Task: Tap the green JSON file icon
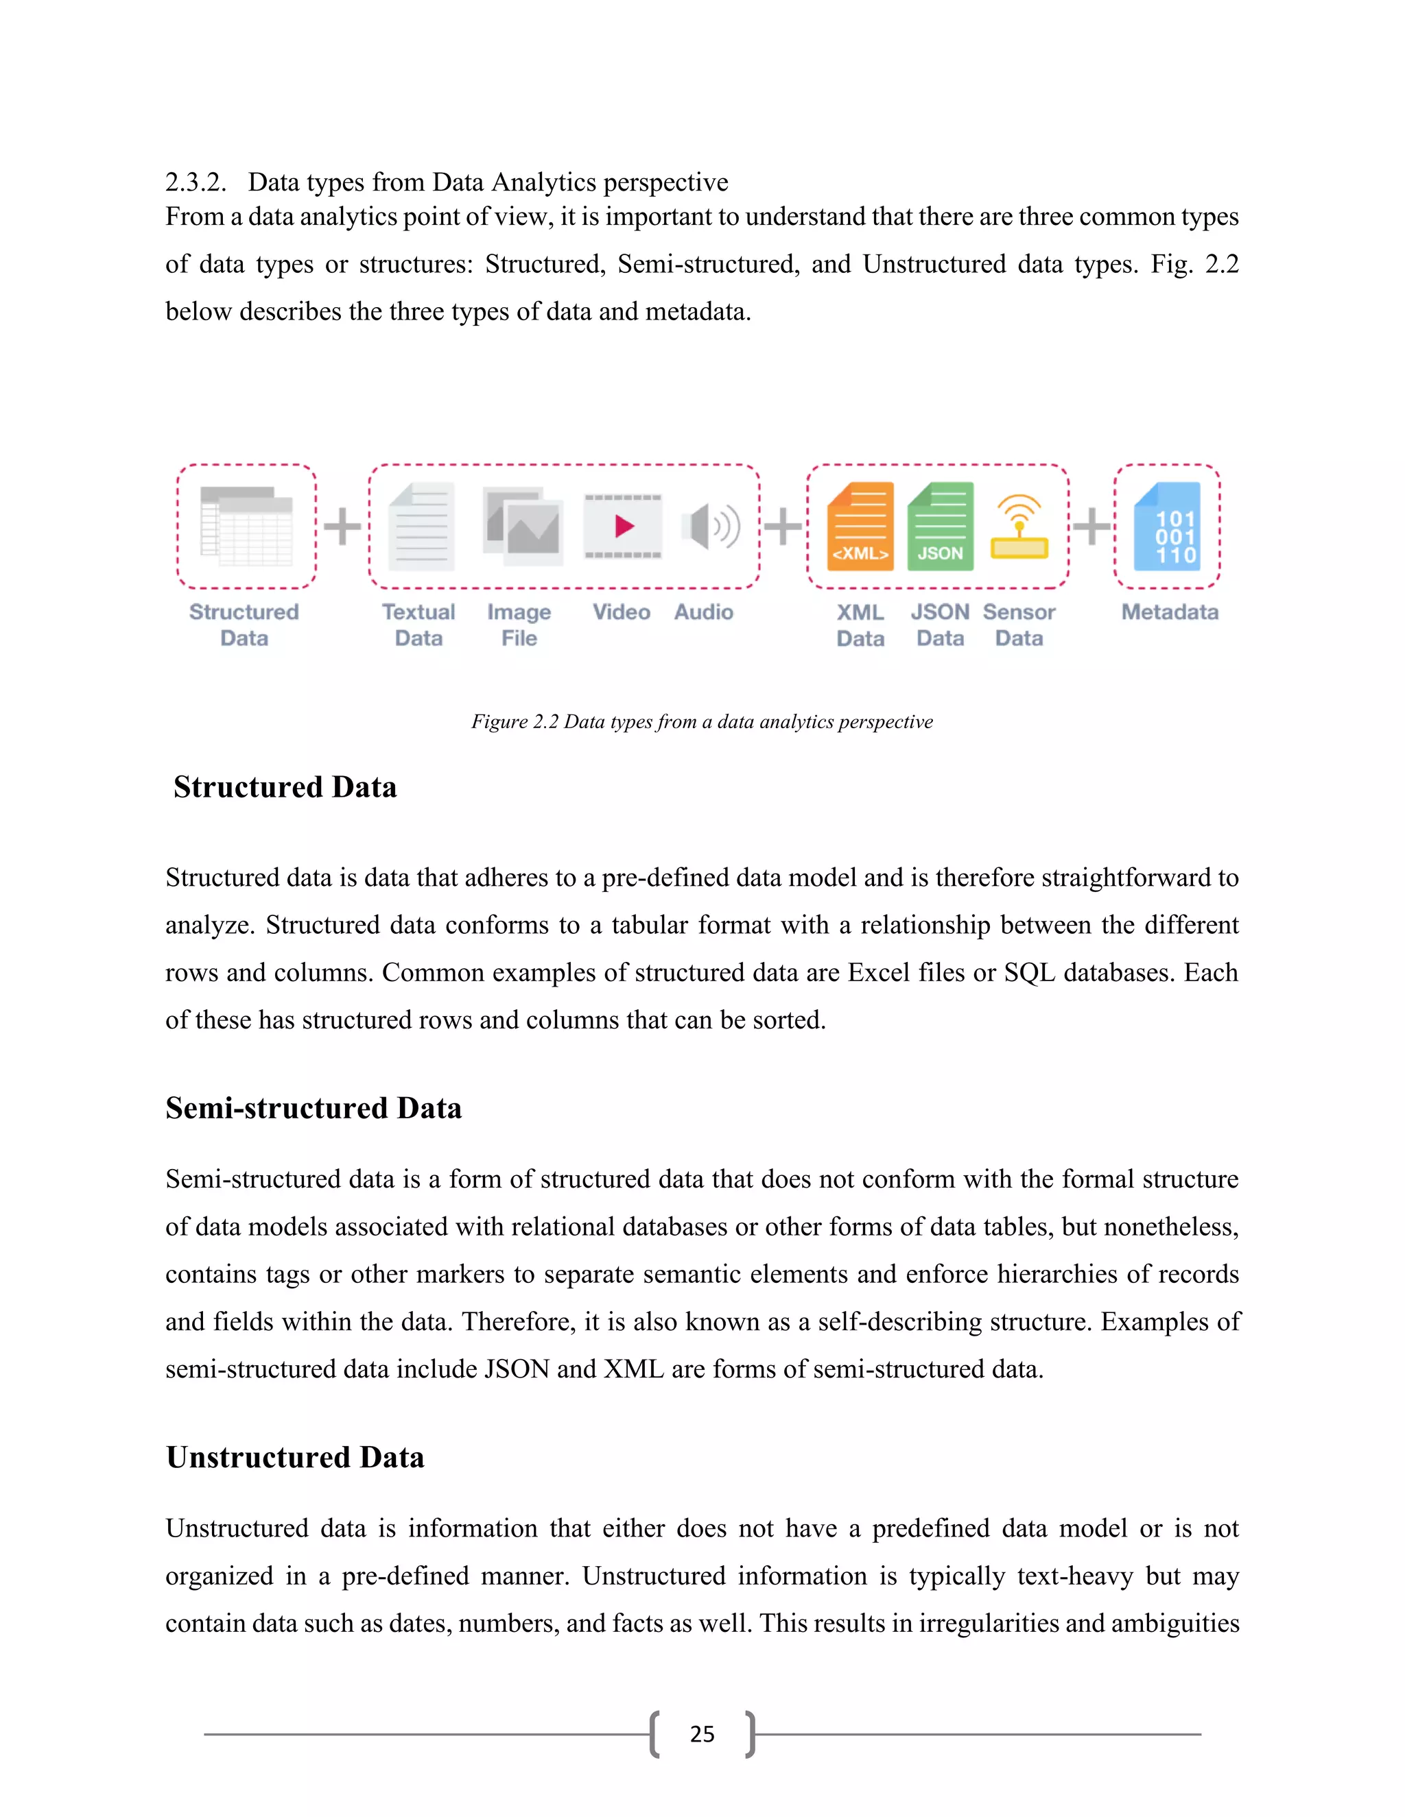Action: coord(941,527)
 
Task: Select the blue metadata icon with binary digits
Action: coord(1168,527)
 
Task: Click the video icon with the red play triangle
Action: coord(624,526)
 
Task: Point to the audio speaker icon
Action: coord(710,526)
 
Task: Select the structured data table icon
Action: coord(246,526)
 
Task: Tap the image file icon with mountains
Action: coord(523,526)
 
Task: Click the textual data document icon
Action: coord(422,526)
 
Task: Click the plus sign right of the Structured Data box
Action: coord(342,526)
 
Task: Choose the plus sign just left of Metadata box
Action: coord(1091,526)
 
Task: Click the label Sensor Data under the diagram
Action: coord(1019,625)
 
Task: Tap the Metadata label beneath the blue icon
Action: coord(1170,612)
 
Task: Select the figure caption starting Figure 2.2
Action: coord(702,721)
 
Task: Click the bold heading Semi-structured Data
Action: coord(313,1108)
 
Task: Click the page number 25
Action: coord(702,1734)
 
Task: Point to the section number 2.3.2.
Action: coord(196,182)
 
